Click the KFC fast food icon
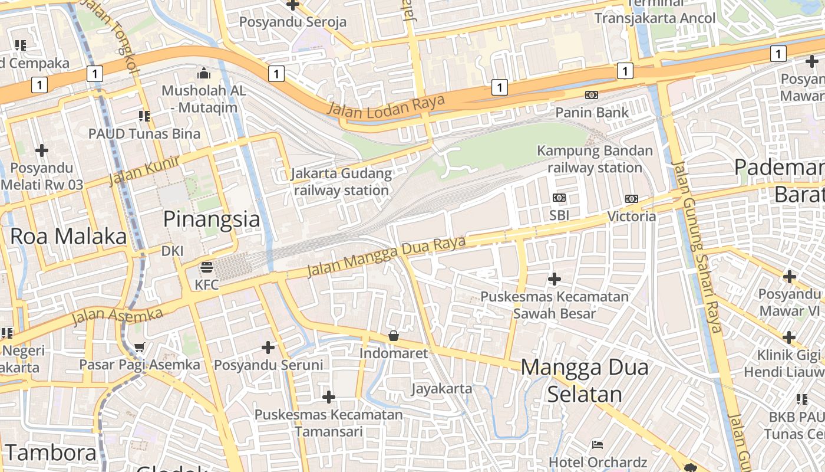[x=206, y=267]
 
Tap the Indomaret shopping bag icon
[x=393, y=336]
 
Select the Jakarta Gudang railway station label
[x=341, y=182]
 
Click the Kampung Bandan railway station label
[x=595, y=159]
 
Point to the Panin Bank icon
[x=591, y=95]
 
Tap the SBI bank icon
[x=559, y=198]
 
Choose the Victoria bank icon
[x=631, y=199]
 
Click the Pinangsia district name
[x=211, y=219]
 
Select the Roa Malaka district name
[x=68, y=236]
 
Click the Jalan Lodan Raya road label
[x=386, y=105]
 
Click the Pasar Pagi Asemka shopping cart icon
[x=139, y=347]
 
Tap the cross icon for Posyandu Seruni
[x=268, y=348]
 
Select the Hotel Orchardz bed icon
[x=597, y=444]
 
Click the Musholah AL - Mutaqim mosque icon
[x=204, y=73]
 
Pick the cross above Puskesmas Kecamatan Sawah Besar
[x=554, y=278]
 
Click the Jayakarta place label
[x=441, y=388]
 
